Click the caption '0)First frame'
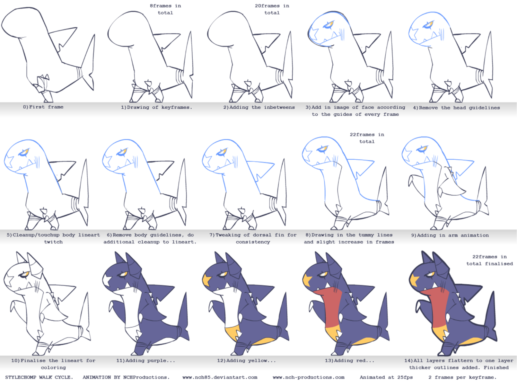coord(43,107)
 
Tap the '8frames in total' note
coord(165,9)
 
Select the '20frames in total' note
coord(272,9)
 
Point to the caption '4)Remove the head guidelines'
coord(457,108)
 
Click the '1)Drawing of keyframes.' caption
coord(156,107)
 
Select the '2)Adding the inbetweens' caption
coord(259,107)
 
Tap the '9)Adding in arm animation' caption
coord(450,235)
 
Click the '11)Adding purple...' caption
coord(146,360)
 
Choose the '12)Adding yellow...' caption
coord(247,360)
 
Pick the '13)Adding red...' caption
coord(349,360)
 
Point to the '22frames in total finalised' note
coord(489,260)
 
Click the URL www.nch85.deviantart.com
coord(220,377)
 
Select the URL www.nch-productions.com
coord(309,377)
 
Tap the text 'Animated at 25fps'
coord(386,377)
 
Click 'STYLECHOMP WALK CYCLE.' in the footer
coord(39,377)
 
